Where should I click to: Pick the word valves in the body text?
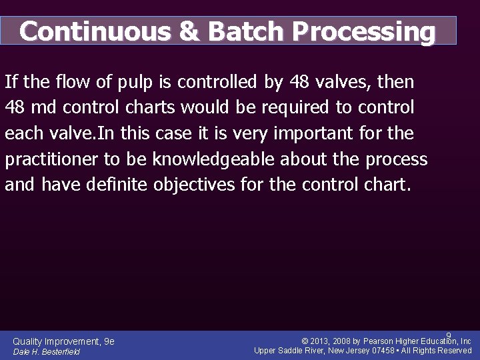(x=347, y=83)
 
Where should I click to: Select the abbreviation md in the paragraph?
(x=43, y=108)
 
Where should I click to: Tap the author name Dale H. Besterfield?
(x=47, y=351)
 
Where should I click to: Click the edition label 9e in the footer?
(x=109, y=341)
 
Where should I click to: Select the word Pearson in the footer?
(x=379, y=341)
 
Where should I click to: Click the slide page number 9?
(x=449, y=335)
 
